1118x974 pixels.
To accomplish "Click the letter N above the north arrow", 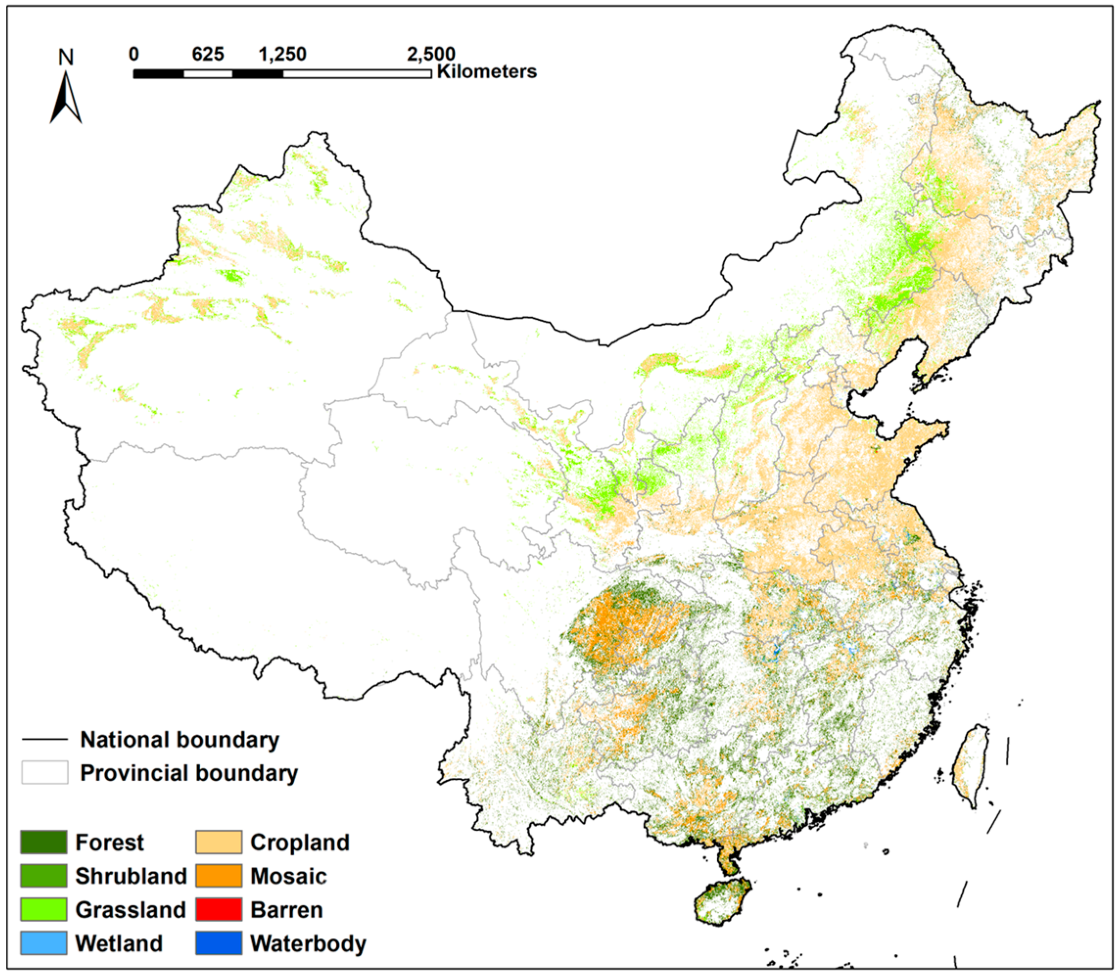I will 66,57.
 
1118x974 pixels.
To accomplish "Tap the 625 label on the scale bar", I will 208,54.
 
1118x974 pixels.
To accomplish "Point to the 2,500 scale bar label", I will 431,54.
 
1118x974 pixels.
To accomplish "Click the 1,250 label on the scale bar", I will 282,54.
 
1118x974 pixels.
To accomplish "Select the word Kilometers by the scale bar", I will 487,72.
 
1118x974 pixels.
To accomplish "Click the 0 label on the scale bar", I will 134,54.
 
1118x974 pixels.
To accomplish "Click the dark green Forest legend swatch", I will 44,842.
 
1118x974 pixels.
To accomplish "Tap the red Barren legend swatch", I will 219,909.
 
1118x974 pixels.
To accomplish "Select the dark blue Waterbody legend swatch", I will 219,943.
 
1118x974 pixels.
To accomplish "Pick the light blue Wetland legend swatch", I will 44,943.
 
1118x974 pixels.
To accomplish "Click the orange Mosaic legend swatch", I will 219,876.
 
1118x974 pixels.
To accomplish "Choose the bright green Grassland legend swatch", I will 44,909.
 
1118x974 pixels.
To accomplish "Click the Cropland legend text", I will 300,842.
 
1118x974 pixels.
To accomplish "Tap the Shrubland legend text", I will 131,876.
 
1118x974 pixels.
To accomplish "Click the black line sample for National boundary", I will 45,739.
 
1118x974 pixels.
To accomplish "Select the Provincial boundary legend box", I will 45,772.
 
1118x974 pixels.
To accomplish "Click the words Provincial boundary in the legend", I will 188,773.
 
